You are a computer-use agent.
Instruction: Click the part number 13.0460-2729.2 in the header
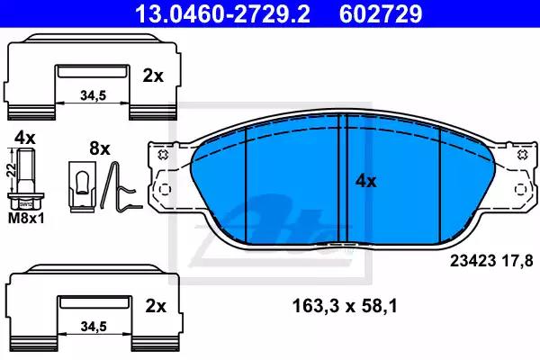click(x=222, y=13)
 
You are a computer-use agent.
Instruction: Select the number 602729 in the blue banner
click(x=381, y=13)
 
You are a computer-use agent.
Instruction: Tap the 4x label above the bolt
click(x=25, y=138)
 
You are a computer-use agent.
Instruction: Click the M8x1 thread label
click(x=26, y=218)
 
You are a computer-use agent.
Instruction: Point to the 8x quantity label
click(x=100, y=148)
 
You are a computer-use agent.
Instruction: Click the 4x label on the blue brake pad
click(x=366, y=181)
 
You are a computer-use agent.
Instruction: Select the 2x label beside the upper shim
click(x=153, y=76)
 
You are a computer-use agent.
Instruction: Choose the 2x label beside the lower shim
click(x=156, y=306)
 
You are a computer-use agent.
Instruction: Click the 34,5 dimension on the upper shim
click(x=94, y=95)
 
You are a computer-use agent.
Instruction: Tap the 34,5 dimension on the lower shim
click(x=94, y=327)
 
